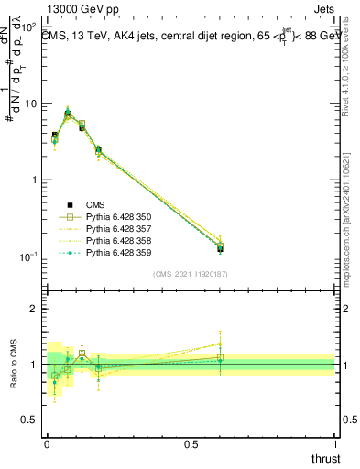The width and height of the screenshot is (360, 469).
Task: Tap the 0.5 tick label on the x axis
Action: click(191, 442)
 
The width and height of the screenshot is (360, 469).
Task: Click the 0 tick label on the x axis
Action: click(47, 442)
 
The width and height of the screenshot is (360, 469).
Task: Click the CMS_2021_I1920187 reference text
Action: click(190, 274)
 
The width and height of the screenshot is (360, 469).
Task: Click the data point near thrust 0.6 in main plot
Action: click(220, 247)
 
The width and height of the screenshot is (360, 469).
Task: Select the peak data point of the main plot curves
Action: click(68, 114)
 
